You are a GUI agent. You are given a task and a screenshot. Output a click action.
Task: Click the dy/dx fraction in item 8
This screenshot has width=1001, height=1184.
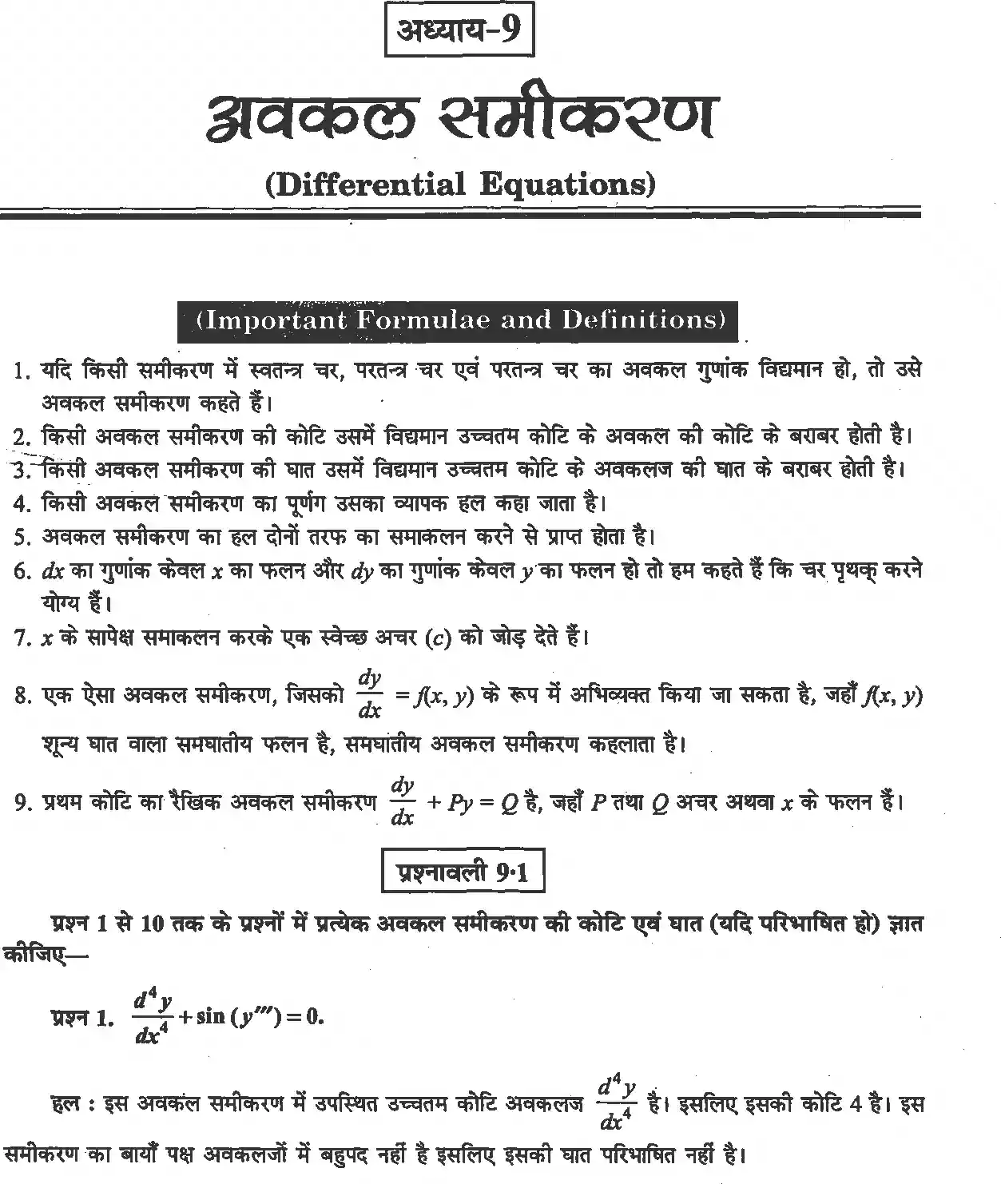(x=370, y=694)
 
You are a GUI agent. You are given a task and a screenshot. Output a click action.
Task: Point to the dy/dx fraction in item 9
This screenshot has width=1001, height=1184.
(x=402, y=801)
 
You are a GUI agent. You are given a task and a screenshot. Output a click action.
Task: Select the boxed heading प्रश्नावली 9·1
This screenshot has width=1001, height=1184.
(x=463, y=872)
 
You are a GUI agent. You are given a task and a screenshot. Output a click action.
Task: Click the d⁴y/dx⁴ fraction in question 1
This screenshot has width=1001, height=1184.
(x=151, y=1018)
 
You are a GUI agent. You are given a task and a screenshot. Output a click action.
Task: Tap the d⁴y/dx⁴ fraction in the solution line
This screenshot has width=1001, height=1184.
(x=616, y=1106)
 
